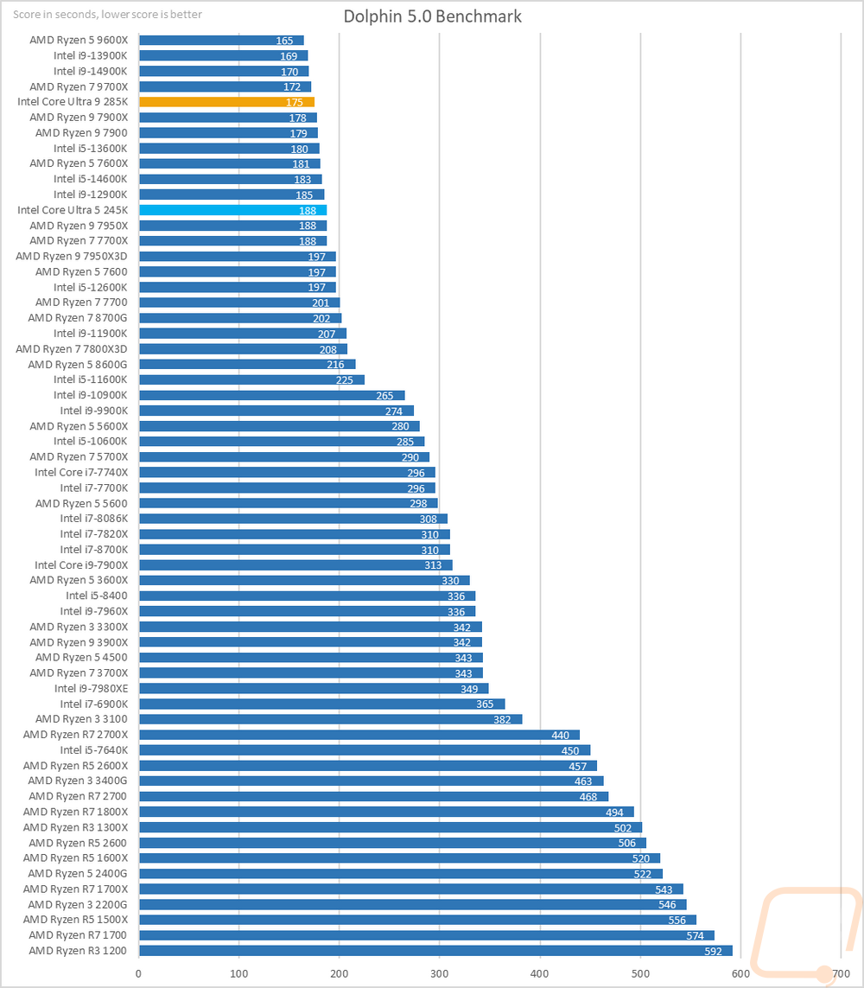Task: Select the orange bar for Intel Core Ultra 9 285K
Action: [226, 102]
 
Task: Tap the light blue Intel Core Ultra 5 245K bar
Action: [232, 210]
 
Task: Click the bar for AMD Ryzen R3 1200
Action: [435, 951]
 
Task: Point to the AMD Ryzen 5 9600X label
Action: [79, 41]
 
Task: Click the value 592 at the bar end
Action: [716, 951]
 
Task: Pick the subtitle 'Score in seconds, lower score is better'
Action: [107, 15]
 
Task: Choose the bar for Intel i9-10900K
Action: [271, 395]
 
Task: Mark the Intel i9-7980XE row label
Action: [91, 688]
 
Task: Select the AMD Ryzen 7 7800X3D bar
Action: [243, 349]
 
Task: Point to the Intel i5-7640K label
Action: [94, 750]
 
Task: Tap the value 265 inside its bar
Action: [384, 396]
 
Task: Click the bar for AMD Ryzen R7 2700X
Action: [359, 735]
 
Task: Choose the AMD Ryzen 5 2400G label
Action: [79, 873]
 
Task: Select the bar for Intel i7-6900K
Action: [321, 704]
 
